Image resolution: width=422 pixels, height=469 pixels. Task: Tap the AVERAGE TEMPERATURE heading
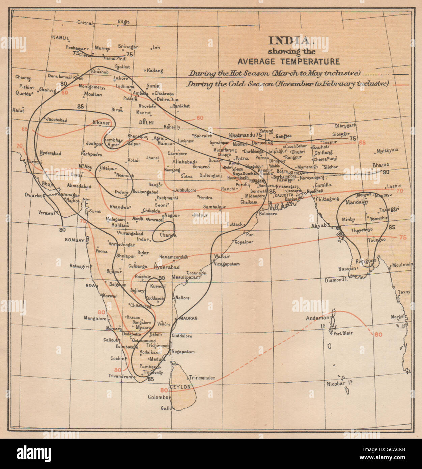point(288,61)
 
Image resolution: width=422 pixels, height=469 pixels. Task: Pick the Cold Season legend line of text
point(287,84)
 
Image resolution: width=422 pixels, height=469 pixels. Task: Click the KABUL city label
point(61,38)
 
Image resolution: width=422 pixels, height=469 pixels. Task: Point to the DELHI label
point(146,122)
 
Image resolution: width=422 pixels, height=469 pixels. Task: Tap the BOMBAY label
point(75,240)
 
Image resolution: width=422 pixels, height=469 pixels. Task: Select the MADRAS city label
point(188,318)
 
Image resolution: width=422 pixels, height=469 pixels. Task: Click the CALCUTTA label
point(284,195)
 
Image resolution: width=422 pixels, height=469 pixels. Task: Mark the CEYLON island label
point(180,387)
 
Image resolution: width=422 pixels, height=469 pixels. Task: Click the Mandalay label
point(357,202)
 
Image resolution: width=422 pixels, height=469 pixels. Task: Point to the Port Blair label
point(343,333)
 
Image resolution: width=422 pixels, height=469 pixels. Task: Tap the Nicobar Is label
point(339,384)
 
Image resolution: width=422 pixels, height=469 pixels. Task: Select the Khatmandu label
point(242,135)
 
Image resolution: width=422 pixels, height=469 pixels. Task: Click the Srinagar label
point(128,47)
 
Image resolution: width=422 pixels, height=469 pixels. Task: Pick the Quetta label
point(23,93)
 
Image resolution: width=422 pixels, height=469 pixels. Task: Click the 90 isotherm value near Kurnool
point(162,278)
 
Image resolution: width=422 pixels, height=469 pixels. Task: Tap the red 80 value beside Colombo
point(164,390)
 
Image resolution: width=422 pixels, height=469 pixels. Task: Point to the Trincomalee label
point(202,378)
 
